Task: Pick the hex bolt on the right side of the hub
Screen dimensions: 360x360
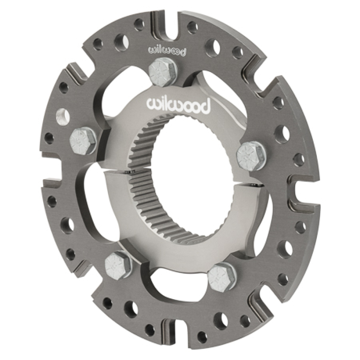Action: click(251, 154)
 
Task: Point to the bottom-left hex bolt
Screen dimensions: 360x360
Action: click(118, 266)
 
